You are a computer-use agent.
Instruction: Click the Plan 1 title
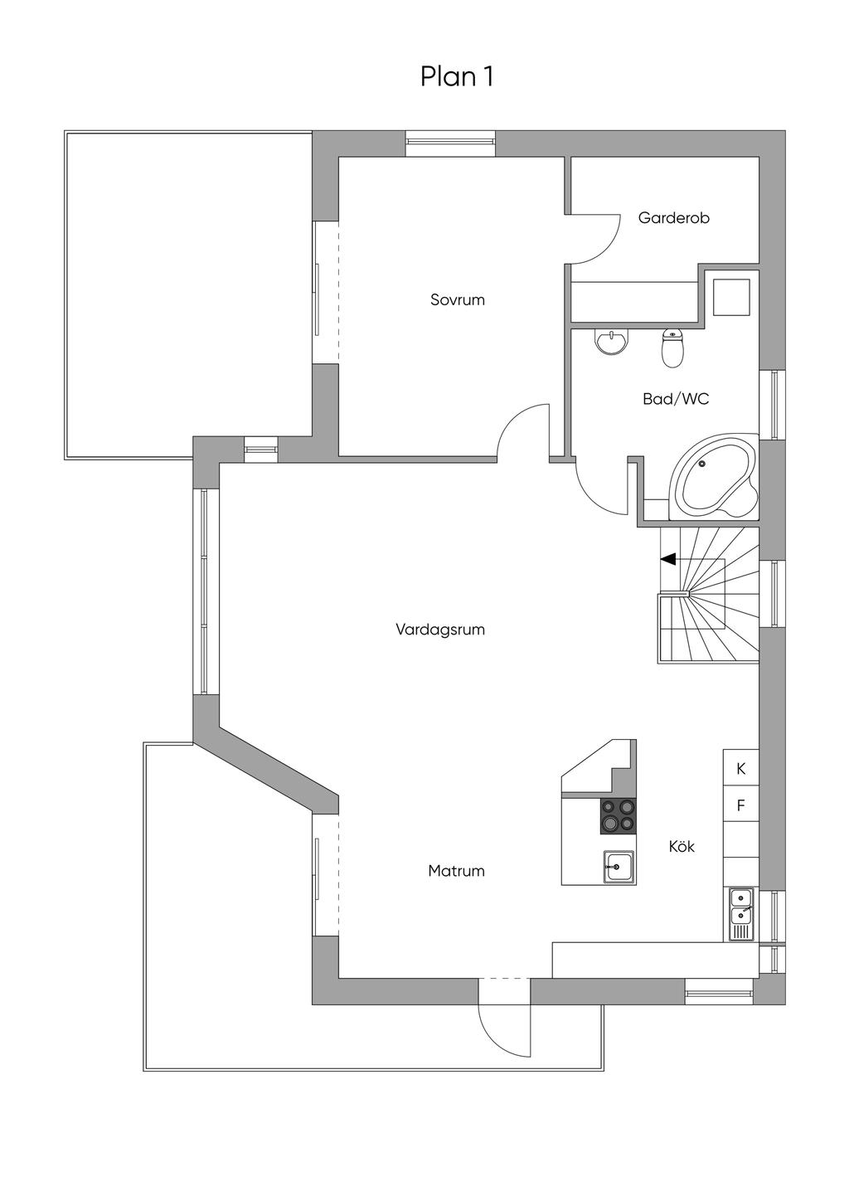coord(456,76)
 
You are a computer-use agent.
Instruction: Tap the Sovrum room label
coord(457,299)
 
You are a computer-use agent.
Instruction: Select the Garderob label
coord(674,217)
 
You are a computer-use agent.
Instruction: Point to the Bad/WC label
coord(676,399)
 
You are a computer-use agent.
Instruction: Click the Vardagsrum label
coord(440,630)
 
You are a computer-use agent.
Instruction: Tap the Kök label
coord(682,846)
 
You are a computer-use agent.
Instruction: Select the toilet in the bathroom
coord(672,348)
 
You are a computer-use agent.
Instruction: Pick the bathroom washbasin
coord(611,341)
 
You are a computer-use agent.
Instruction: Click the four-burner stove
coord(618,815)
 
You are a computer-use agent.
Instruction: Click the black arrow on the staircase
coord(667,559)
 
